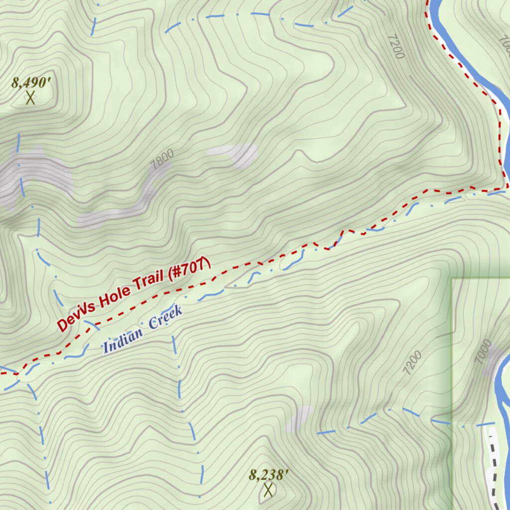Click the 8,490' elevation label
click(x=32, y=82)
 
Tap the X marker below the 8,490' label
click(x=30, y=98)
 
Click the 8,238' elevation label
click(x=268, y=475)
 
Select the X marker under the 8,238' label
click(x=268, y=490)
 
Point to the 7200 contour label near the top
click(x=394, y=46)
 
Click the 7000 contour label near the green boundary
click(x=483, y=351)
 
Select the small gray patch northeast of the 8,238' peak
click(x=299, y=418)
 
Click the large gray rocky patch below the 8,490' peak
click(x=35, y=174)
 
